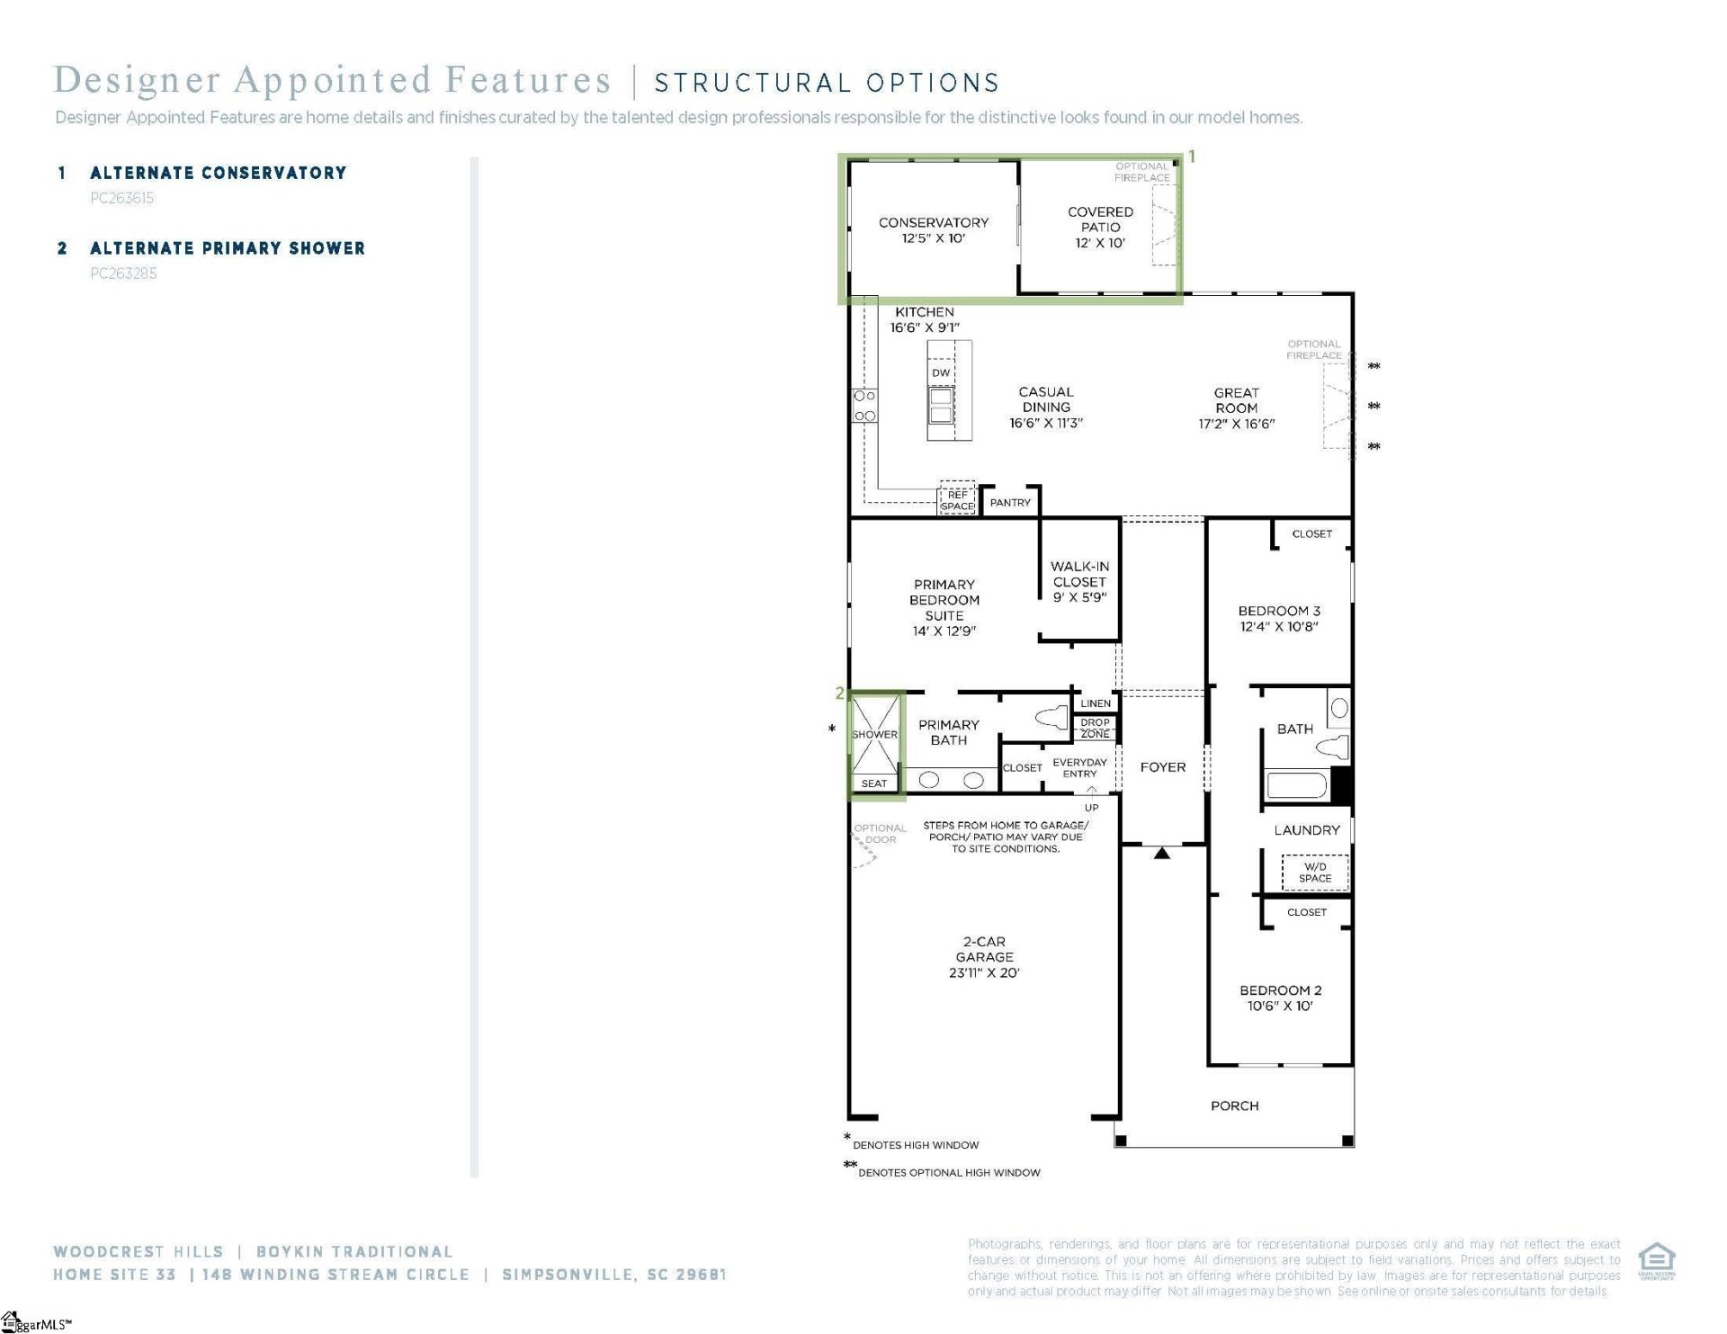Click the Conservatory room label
[x=933, y=222]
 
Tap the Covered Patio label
[x=1100, y=227]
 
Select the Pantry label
[x=1010, y=503]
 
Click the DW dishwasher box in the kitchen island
[x=941, y=372]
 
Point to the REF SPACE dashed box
[x=957, y=500]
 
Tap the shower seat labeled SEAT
[x=874, y=783]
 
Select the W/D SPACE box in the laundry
[x=1314, y=873]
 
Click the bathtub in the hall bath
[x=1296, y=785]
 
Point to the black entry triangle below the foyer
[x=1161, y=853]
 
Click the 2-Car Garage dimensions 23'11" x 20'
[x=984, y=972]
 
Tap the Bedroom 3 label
[x=1279, y=611]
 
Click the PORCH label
[x=1234, y=1106]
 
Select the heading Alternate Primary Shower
[x=227, y=248]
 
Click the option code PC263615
[x=122, y=198]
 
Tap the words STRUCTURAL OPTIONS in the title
[x=826, y=84]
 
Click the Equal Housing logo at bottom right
[x=1656, y=1260]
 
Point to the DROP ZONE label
[x=1095, y=728]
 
